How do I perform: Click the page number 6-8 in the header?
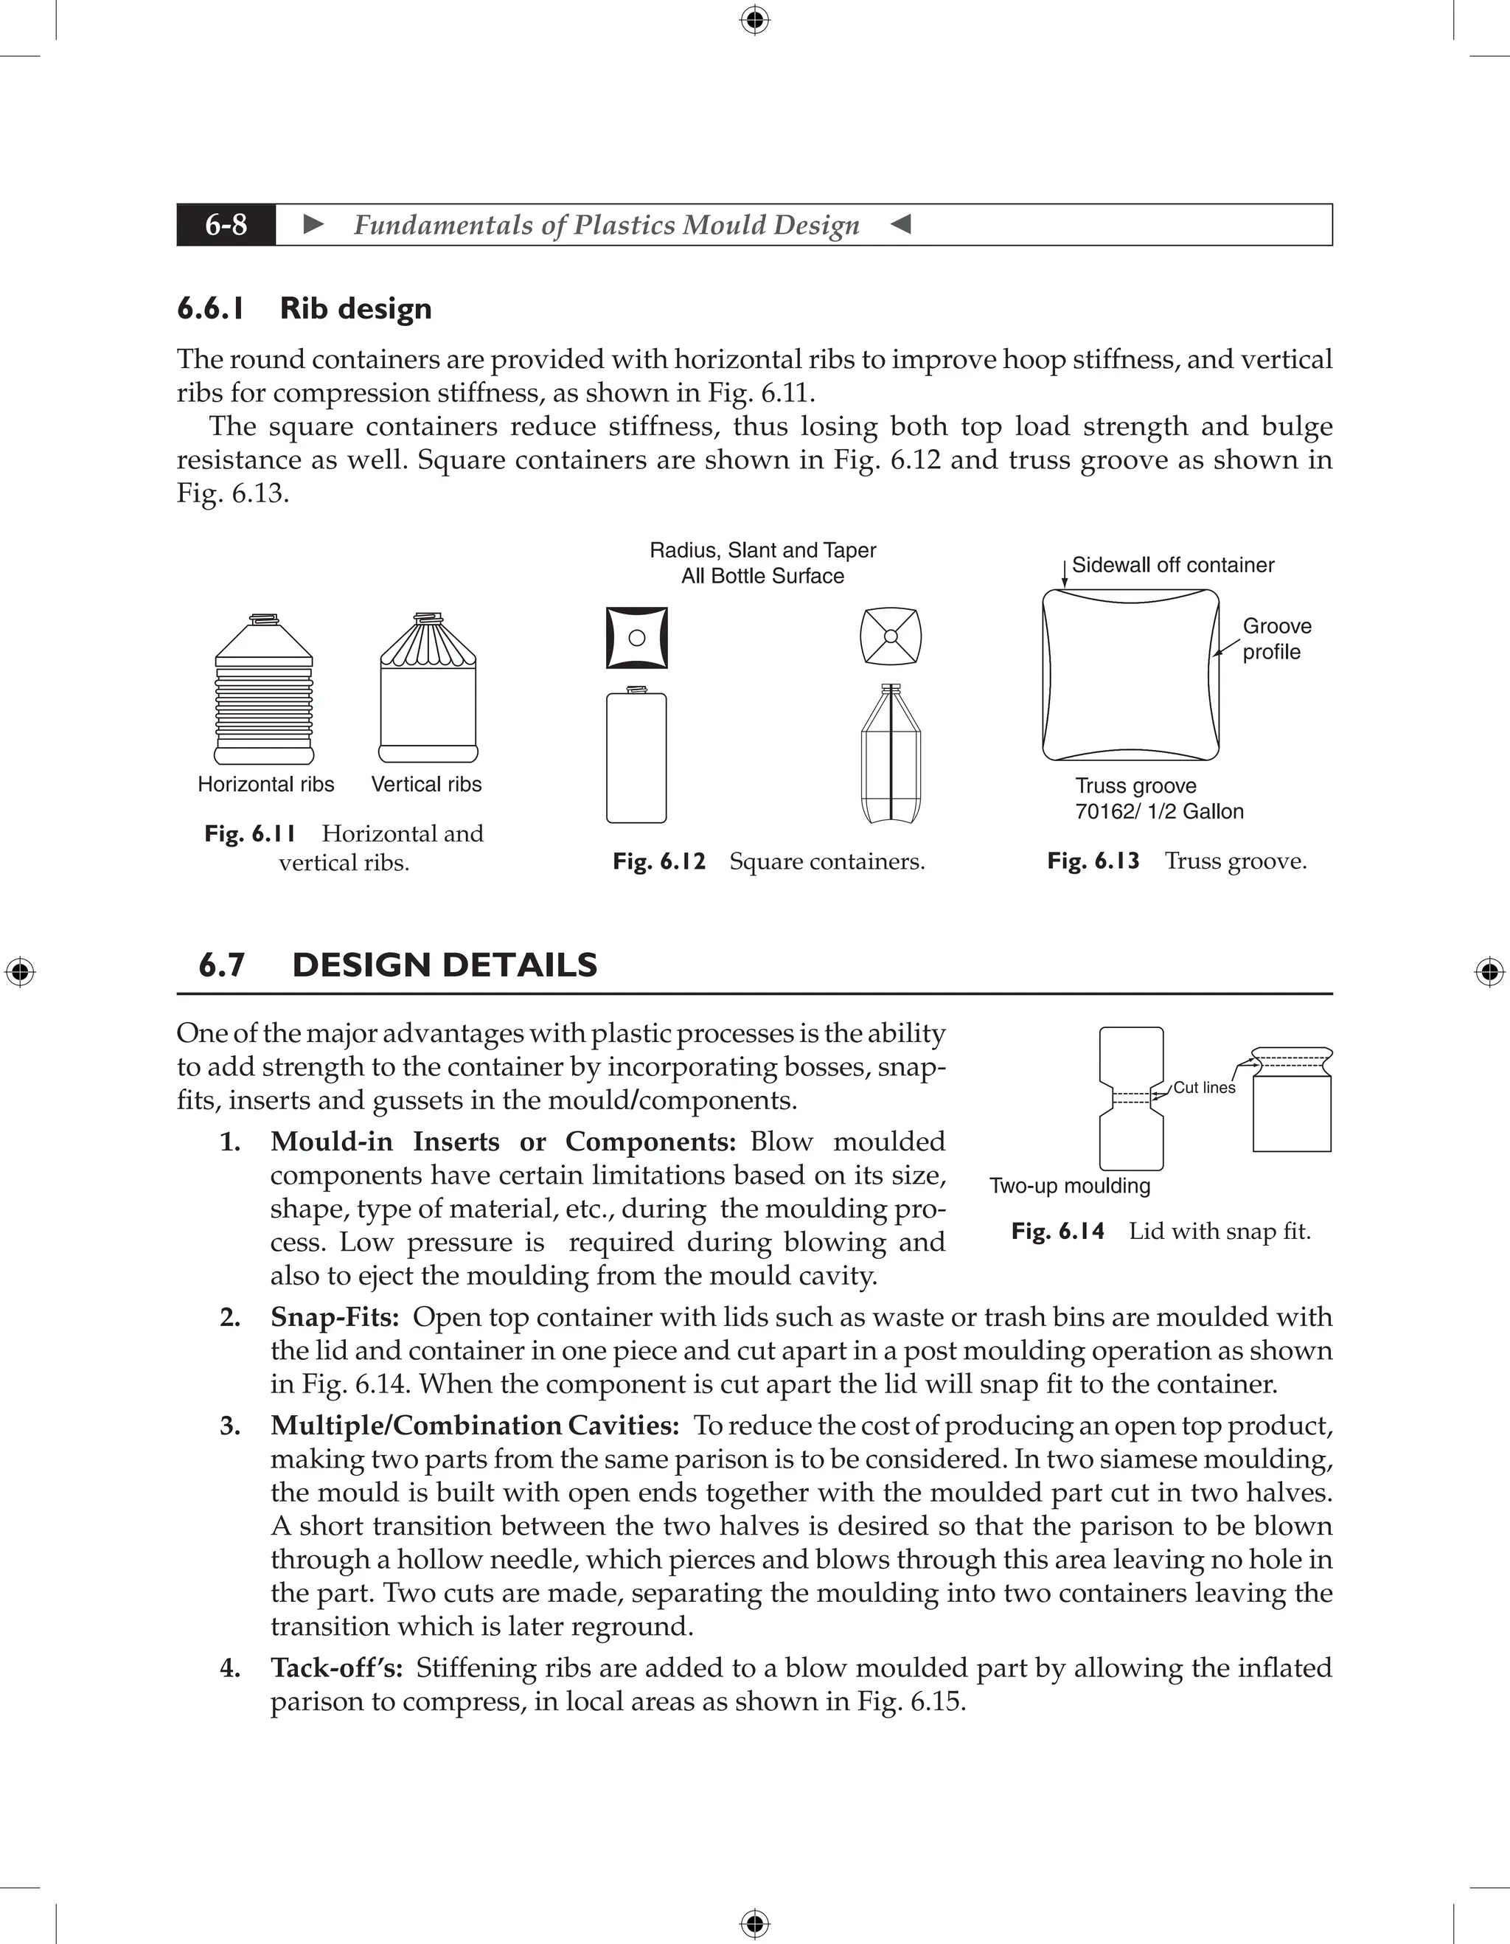(226, 224)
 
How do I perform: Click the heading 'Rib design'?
(355, 308)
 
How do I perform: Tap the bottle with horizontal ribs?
(264, 690)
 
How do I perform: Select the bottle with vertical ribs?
(428, 690)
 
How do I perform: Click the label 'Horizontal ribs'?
(265, 784)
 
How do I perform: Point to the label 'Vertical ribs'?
(426, 784)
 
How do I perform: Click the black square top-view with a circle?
(636, 637)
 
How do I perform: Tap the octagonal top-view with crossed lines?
(891, 636)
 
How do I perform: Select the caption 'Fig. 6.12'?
(658, 861)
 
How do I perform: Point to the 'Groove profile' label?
(1276, 639)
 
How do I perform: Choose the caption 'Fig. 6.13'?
(1093, 861)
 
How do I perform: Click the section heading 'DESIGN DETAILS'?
(444, 965)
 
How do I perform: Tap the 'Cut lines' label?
(1204, 1088)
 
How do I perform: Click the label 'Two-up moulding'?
(1070, 1186)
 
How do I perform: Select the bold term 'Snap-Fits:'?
(335, 1317)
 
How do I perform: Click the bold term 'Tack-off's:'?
(336, 1668)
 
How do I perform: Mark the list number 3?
(229, 1426)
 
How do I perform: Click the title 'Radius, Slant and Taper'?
(762, 550)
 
